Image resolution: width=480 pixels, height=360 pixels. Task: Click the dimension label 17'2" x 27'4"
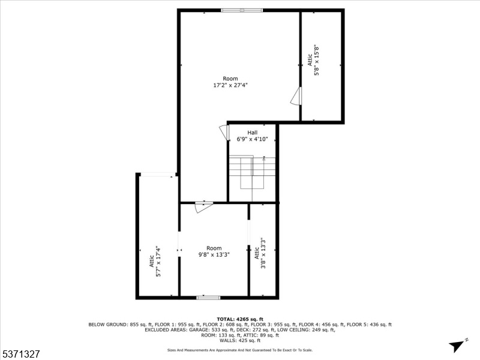tap(230, 85)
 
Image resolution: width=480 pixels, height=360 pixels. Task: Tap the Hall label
tap(253, 133)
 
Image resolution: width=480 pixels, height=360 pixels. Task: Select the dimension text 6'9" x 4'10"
tap(252, 139)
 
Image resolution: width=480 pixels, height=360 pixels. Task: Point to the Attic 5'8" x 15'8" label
tap(313, 61)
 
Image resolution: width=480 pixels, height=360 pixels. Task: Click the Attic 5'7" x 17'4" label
tap(155, 261)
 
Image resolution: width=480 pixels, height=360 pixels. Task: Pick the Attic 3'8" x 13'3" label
tap(260, 253)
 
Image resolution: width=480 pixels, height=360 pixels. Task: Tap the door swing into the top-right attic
tap(296, 97)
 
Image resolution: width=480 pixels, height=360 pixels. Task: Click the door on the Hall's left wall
tap(224, 132)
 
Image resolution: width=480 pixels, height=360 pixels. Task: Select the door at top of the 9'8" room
tap(204, 206)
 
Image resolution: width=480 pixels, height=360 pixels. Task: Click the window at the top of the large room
tap(242, 10)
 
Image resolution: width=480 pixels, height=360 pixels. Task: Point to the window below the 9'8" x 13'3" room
tap(208, 297)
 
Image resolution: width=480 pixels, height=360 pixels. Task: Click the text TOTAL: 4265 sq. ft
tap(240, 319)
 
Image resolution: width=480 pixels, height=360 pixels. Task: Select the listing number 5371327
tap(20, 354)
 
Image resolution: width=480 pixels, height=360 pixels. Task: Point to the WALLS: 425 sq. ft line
tap(240, 340)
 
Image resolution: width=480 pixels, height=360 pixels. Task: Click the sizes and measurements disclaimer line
tap(240, 350)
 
